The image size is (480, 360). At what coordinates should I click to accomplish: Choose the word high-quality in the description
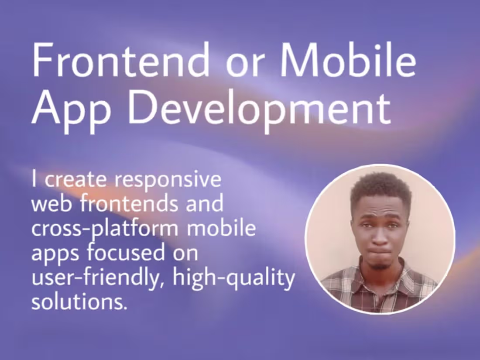click(233, 278)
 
